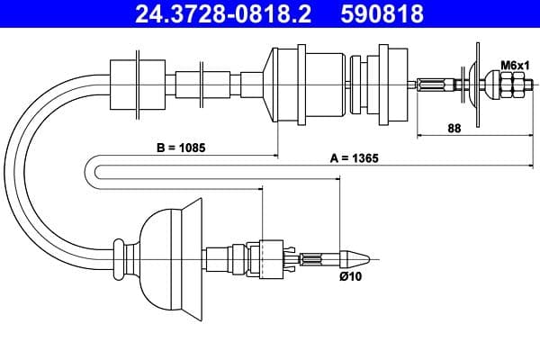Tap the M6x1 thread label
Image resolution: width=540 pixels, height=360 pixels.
(x=514, y=65)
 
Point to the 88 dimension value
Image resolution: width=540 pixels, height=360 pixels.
(x=454, y=129)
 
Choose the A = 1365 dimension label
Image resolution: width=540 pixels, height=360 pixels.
(x=354, y=157)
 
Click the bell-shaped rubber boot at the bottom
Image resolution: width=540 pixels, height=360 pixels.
(x=171, y=259)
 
